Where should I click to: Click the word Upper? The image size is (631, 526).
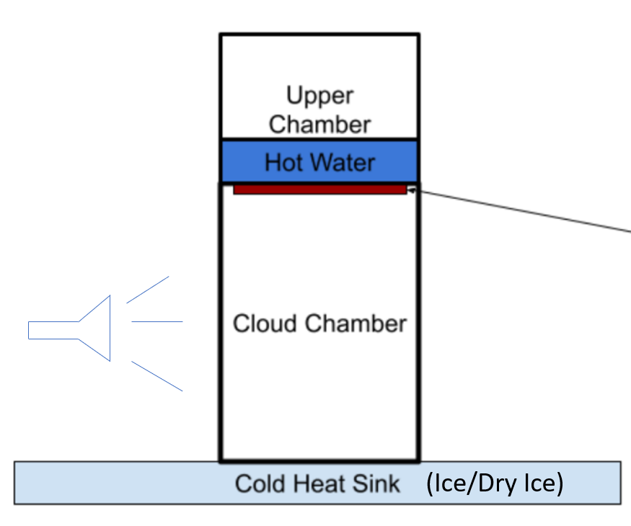[x=319, y=96]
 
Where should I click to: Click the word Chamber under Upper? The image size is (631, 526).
[x=319, y=124]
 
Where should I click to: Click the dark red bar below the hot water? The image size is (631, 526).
[x=319, y=190]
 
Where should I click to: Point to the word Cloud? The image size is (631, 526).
[x=264, y=324]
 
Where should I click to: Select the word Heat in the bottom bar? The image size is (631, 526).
[x=314, y=483]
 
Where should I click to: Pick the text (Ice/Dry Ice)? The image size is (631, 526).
[x=494, y=483]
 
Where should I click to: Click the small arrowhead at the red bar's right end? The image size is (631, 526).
[x=411, y=190]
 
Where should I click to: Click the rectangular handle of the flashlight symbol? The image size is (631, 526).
[x=53, y=330]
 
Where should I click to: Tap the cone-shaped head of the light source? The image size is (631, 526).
[x=97, y=329]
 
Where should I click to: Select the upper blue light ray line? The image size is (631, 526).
[x=148, y=289]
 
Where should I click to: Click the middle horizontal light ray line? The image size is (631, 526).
[x=156, y=321]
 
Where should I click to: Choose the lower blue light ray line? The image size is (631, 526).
[x=156, y=376]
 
